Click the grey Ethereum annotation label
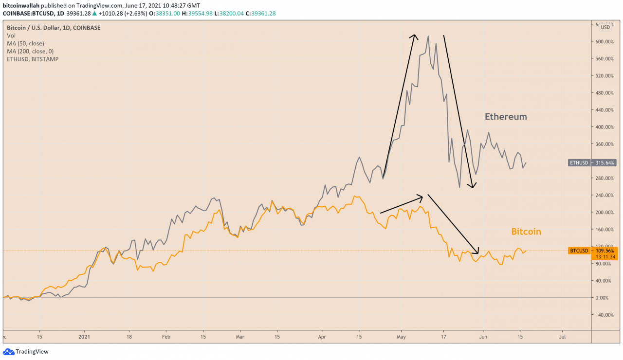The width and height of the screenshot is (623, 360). pos(506,117)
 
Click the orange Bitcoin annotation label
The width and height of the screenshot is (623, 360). pos(526,232)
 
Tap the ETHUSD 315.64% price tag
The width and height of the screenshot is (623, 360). pos(592,162)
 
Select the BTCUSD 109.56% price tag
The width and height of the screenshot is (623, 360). pos(592,251)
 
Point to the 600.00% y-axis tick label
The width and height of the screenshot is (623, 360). pos(602,41)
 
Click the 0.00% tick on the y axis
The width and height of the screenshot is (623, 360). pos(604,298)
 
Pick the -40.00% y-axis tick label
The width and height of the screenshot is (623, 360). pos(603,315)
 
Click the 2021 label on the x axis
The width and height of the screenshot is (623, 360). pos(85,336)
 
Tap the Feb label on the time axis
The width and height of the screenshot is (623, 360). pos(166,336)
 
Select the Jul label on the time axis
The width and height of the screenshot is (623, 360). pos(562,336)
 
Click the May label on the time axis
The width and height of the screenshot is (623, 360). pos(401,336)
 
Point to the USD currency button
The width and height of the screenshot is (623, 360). pos(605,27)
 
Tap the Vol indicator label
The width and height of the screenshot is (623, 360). pos(11,36)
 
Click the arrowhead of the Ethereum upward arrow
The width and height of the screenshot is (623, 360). pos(414,36)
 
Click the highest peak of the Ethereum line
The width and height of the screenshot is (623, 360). pos(428,36)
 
